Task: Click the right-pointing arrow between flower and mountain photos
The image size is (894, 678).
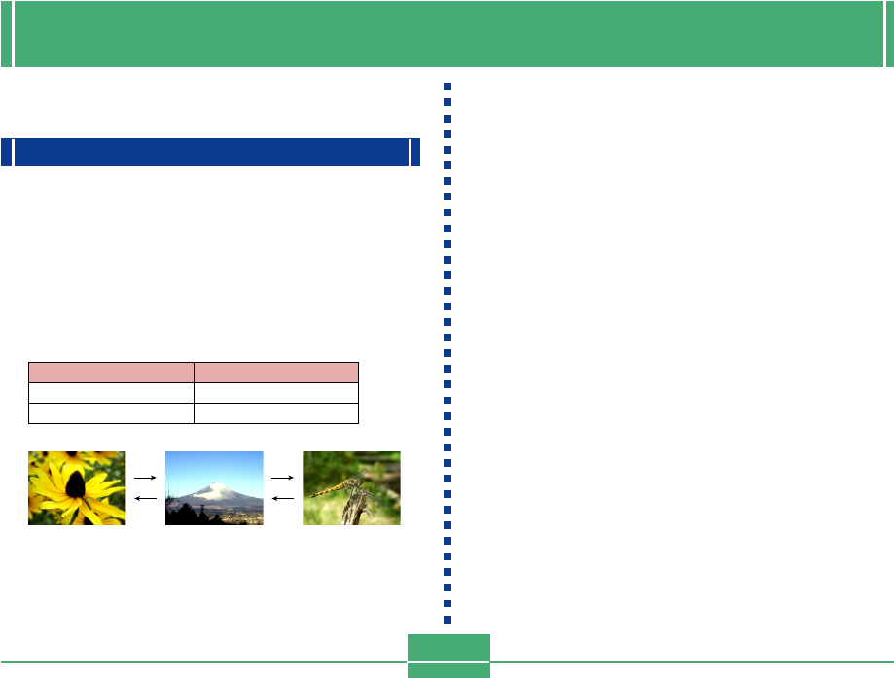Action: point(145,479)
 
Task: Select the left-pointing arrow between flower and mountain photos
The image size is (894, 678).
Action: point(145,497)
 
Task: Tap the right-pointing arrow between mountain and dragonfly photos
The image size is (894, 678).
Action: point(282,479)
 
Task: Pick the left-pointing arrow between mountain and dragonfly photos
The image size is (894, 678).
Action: point(282,497)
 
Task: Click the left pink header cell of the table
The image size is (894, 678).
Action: point(111,372)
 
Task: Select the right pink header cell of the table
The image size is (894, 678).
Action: point(276,372)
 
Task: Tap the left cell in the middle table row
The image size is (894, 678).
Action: point(111,392)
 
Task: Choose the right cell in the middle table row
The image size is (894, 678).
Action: point(276,392)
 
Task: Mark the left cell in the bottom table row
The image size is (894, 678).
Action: point(111,412)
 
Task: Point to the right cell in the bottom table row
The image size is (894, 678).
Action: point(276,412)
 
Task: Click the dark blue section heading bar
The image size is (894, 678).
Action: point(210,153)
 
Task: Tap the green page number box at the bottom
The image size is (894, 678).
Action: point(448,655)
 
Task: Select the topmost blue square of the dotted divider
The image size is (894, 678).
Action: point(447,86)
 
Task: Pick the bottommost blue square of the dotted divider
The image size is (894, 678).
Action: point(447,620)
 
